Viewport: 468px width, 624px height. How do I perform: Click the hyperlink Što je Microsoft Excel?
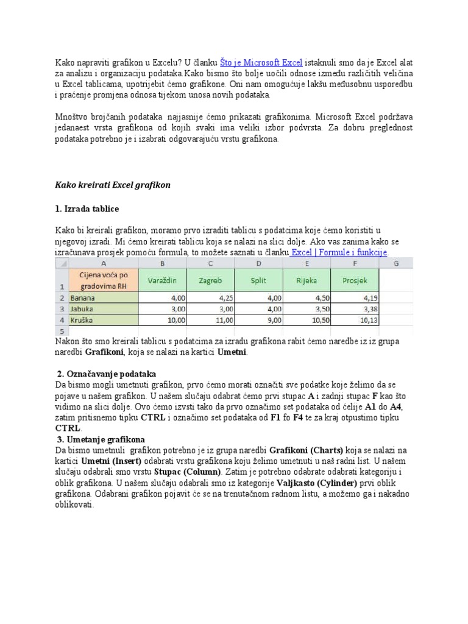261,62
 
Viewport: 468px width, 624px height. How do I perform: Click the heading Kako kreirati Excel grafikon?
113,185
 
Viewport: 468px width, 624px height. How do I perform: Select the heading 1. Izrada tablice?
87,209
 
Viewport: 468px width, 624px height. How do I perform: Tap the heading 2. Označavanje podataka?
107,374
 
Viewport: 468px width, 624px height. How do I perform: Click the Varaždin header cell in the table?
162,280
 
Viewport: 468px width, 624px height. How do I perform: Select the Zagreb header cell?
210,280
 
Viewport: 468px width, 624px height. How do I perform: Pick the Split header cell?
258,280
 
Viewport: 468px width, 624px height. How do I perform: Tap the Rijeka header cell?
307,280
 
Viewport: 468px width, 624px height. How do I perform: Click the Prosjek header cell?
355,280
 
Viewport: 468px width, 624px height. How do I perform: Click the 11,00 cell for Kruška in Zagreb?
210,319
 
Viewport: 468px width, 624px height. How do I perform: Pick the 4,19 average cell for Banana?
355,299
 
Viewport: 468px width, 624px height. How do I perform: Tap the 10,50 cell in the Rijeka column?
307,319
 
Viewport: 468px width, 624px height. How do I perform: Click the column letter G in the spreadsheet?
396,263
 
